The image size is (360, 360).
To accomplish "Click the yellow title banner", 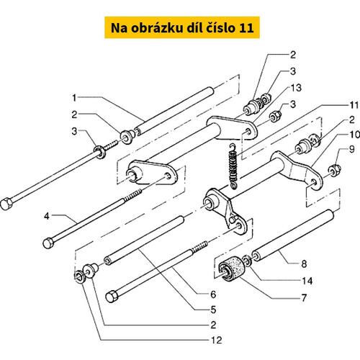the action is [x=182, y=27].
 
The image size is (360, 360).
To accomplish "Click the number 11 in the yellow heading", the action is [x=246, y=28].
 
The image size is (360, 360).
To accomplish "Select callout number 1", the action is [x=74, y=98].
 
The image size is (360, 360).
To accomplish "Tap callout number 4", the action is [x=47, y=216].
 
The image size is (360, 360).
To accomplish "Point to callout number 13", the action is [x=296, y=88].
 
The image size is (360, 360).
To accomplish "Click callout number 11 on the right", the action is [x=354, y=105].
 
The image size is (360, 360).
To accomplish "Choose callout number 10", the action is [x=355, y=135].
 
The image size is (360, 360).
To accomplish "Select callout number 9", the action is [x=351, y=150].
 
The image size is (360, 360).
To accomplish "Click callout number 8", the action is [x=304, y=264].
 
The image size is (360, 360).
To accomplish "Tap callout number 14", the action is [x=307, y=281].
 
